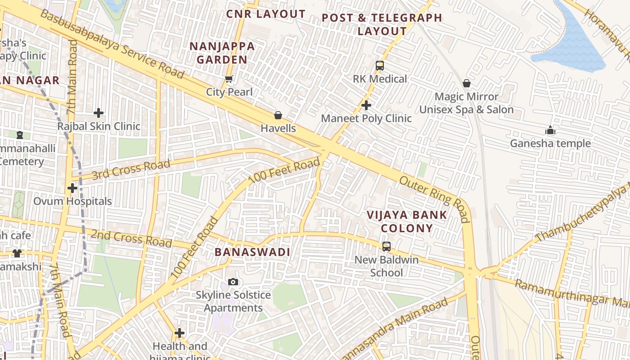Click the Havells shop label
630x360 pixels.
tap(278, 128)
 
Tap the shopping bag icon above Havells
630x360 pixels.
tap(278, 115)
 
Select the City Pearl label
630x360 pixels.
tap(229, 92)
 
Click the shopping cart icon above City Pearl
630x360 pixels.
tap(229, 79)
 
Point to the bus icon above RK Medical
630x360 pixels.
tap(380, 66)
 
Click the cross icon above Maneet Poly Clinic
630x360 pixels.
tap(366, 105)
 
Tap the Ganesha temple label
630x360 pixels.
tap(550, 144)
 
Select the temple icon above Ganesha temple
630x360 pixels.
tap(550, 130)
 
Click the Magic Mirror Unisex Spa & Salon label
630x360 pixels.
tap(466, 103)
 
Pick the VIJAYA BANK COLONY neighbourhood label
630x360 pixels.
tap(407, 221)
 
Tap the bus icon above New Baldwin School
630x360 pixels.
tap(386, 247)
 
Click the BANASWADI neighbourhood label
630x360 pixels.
tap(252, 252)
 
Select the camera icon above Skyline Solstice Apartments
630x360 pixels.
tap(233, 282)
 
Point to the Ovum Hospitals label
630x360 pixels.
tap(72, 201)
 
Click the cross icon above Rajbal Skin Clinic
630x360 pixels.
tap(99, 113)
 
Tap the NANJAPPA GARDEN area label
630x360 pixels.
tap(222, 53)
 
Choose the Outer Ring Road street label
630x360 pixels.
tap(435, 199)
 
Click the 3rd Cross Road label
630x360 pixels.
tap(131, 169)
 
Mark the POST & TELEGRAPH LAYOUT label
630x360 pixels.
tap(382, 24)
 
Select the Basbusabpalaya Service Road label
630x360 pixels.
tap(112, 44)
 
